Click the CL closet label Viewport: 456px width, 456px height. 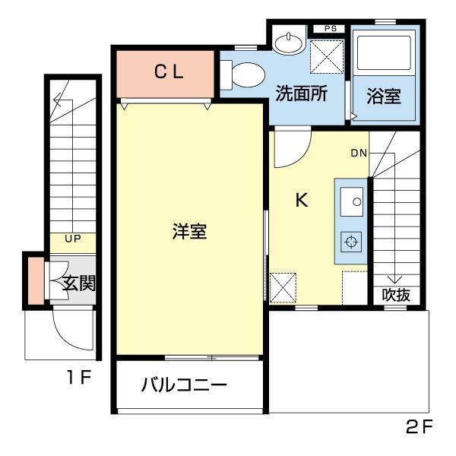point(169,74)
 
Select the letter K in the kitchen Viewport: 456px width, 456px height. point(302,201)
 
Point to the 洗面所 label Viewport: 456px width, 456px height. point(302,95)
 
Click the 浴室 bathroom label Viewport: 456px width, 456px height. point(384,98)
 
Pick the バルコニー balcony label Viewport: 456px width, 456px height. point(184,385)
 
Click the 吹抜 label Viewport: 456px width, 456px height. point(396,295)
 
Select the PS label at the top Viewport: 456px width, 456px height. point(330,29)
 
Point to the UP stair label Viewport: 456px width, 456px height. point(73,239)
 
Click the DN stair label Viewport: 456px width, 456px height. point(359,153)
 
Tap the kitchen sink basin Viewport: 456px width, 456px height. point(352,201)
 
